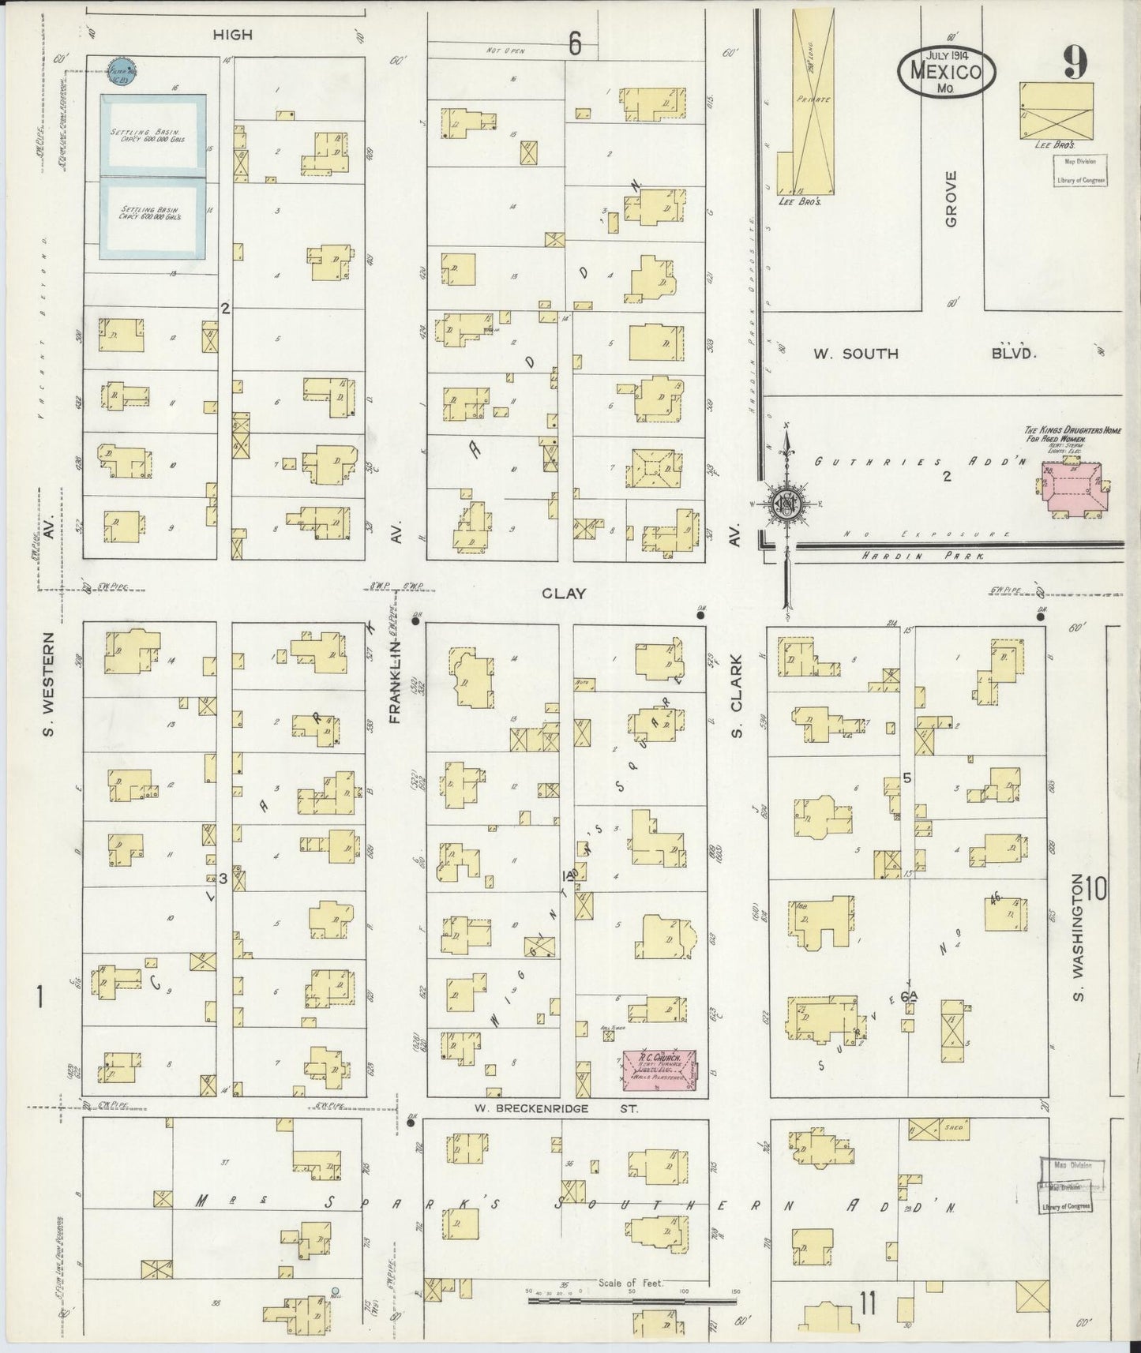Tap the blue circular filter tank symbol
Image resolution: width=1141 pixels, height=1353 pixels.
122,70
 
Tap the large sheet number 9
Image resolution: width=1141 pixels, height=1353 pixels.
1074,63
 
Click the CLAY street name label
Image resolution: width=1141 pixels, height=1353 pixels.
565,593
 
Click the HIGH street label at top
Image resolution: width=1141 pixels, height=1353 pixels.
233,34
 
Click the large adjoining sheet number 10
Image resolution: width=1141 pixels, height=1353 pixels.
1095,890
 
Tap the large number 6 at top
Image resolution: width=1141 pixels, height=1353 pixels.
575,45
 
